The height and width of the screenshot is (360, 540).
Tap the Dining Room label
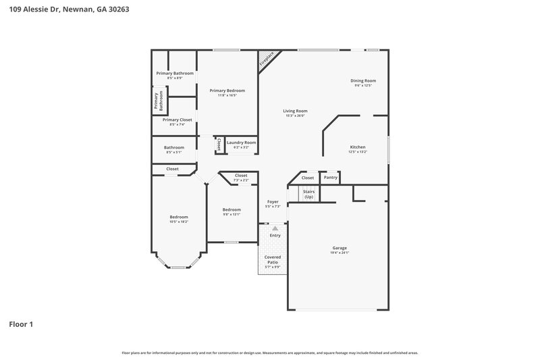(363, 81)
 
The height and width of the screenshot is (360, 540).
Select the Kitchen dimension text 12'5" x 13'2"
(357, 152)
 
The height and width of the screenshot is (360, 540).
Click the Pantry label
(329, 178)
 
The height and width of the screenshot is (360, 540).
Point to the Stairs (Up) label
(308, 194)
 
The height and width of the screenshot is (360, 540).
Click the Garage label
(339, 248)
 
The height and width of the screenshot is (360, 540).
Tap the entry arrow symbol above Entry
(275, 228)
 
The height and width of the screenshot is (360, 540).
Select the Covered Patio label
(273, 260)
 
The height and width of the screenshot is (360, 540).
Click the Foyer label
(273, 201)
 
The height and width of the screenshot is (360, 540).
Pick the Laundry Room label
(241, 143)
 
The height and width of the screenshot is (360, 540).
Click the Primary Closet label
(177, 120)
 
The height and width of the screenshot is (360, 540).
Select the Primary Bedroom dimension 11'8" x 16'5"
(227, 95)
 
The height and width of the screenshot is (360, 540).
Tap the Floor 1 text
(21, 324)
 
